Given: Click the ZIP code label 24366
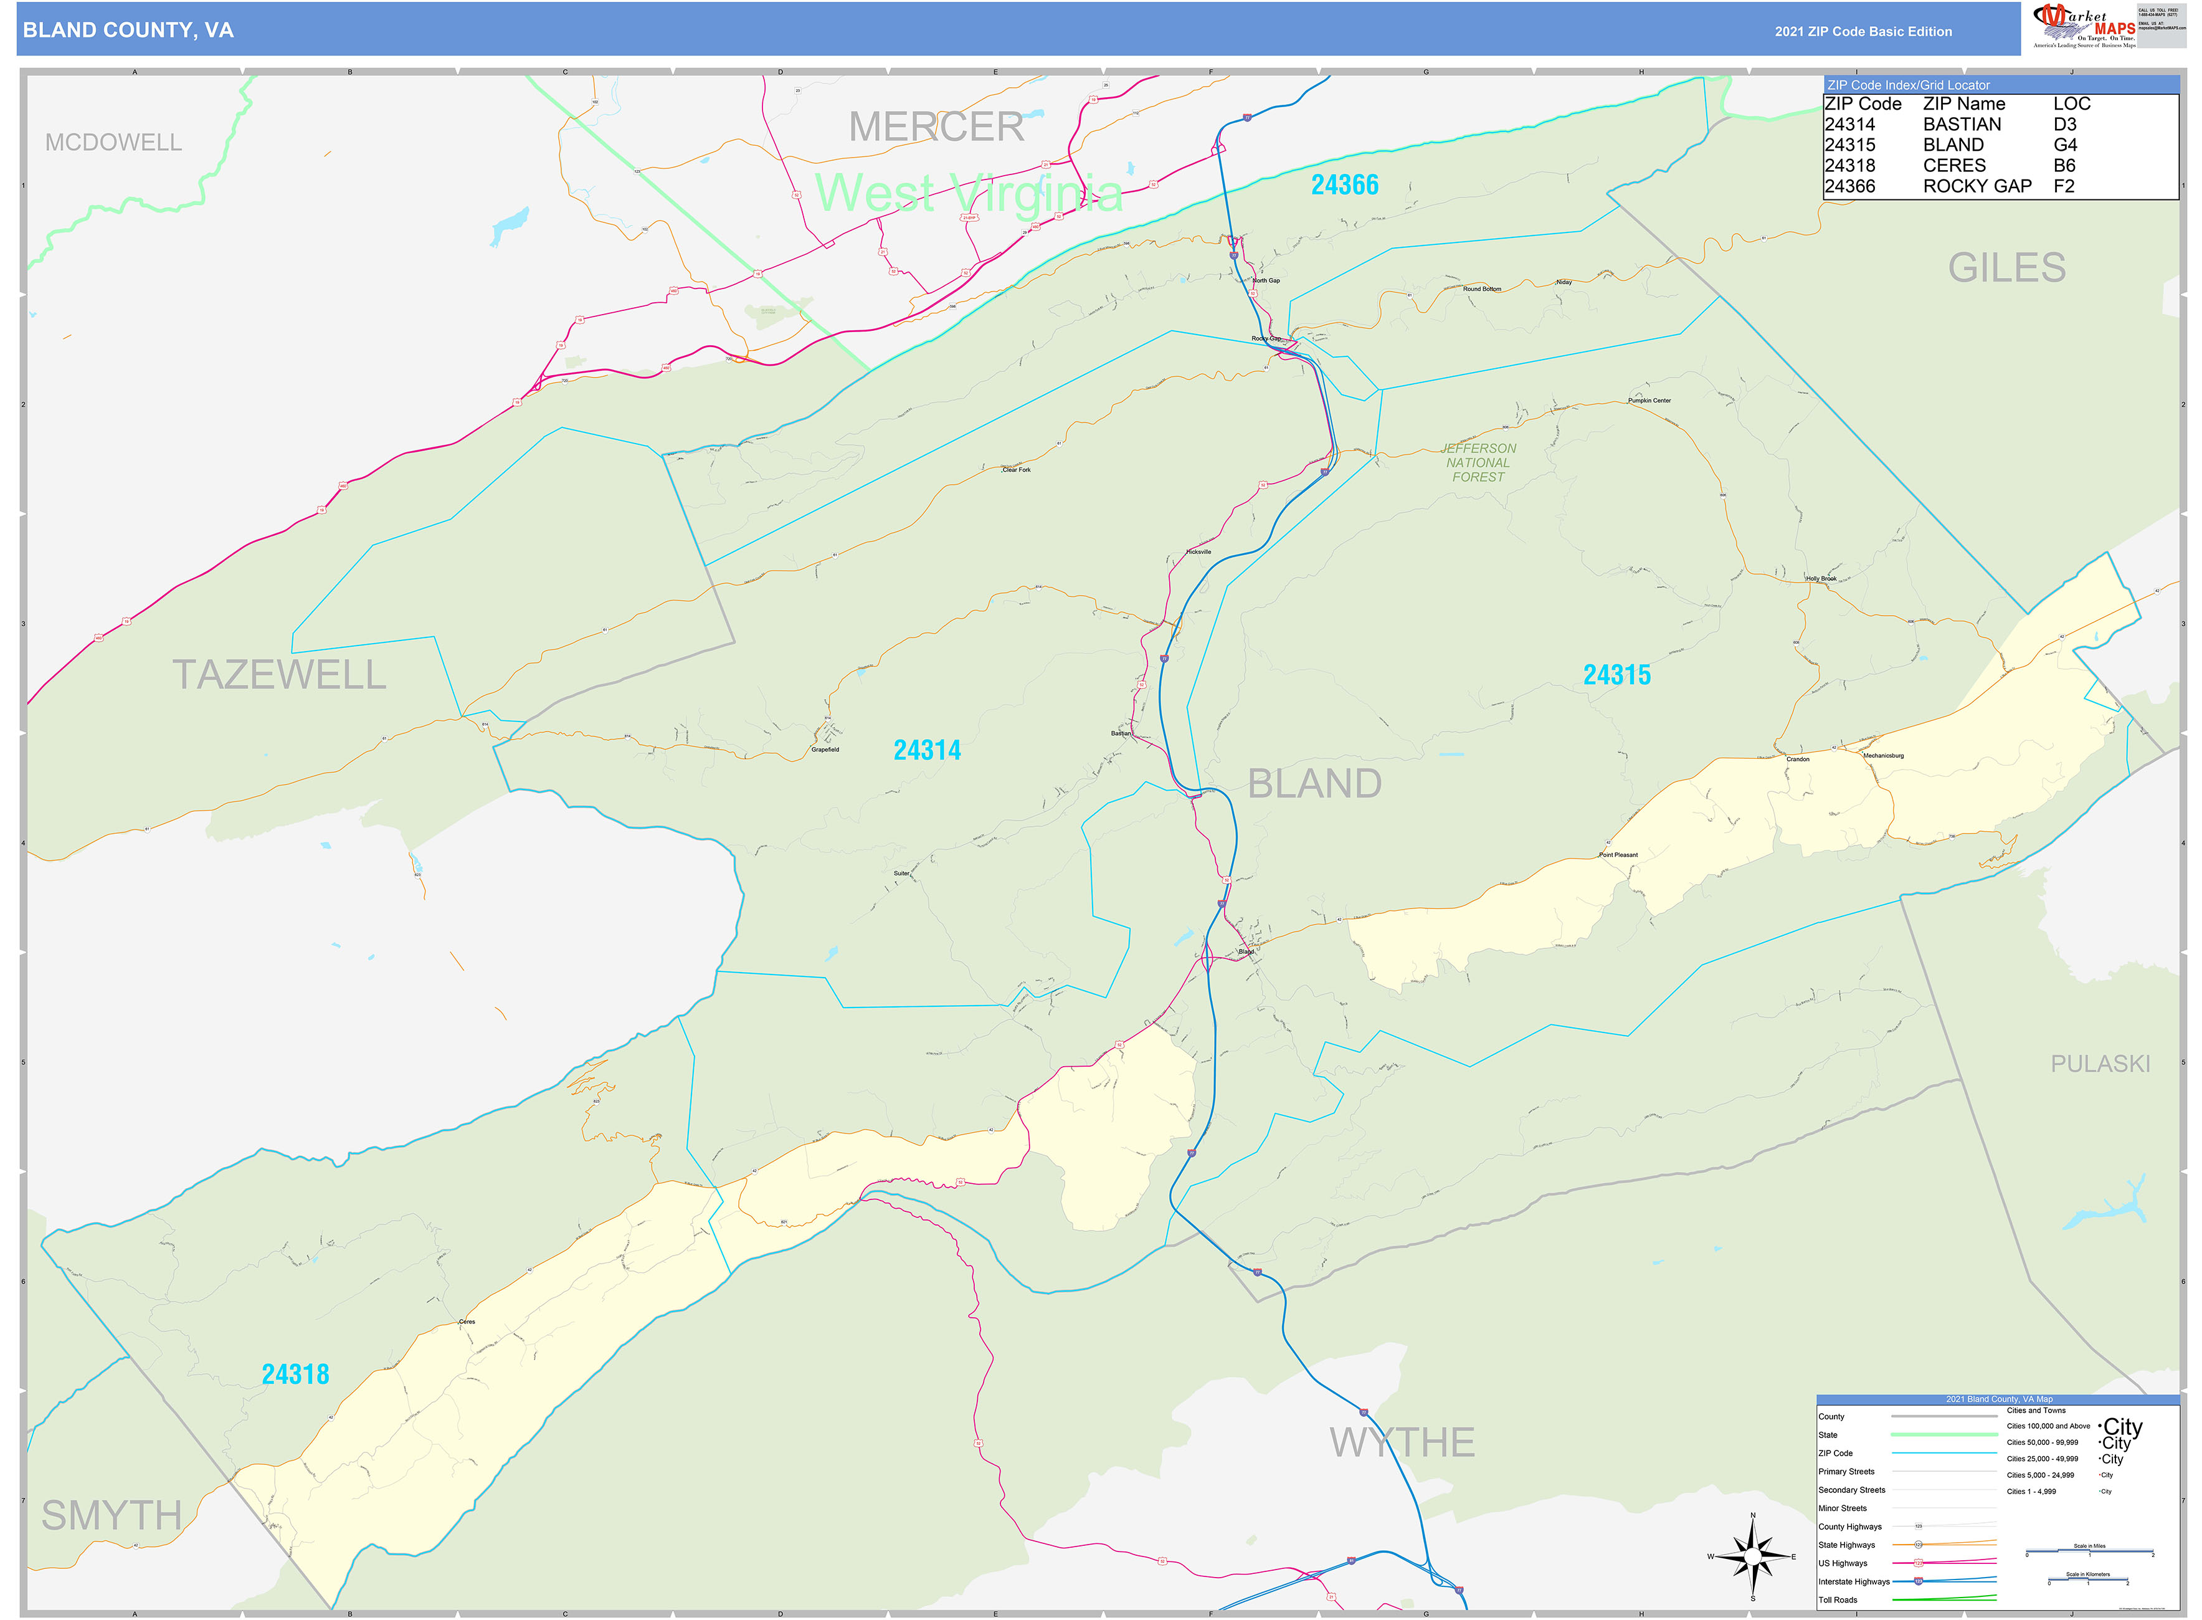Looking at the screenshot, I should click(1344, 184).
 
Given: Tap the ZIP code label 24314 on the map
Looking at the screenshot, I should click(926, 750).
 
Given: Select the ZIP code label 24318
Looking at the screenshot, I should click(295, 1374).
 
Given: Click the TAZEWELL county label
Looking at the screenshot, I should click(280, 675).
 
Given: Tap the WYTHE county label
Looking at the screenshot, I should click(1402, 1442).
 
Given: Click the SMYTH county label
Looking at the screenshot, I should click(112, 1516).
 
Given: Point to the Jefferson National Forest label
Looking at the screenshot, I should click(1478, 463).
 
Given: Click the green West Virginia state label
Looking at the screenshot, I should click(969, 193).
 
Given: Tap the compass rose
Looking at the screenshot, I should click(1752, 1556).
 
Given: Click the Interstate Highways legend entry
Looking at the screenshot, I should click(1853, 1582).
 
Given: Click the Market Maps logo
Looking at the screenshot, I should click(2084, 26).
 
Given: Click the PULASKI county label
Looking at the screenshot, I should click(2099, 1064).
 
